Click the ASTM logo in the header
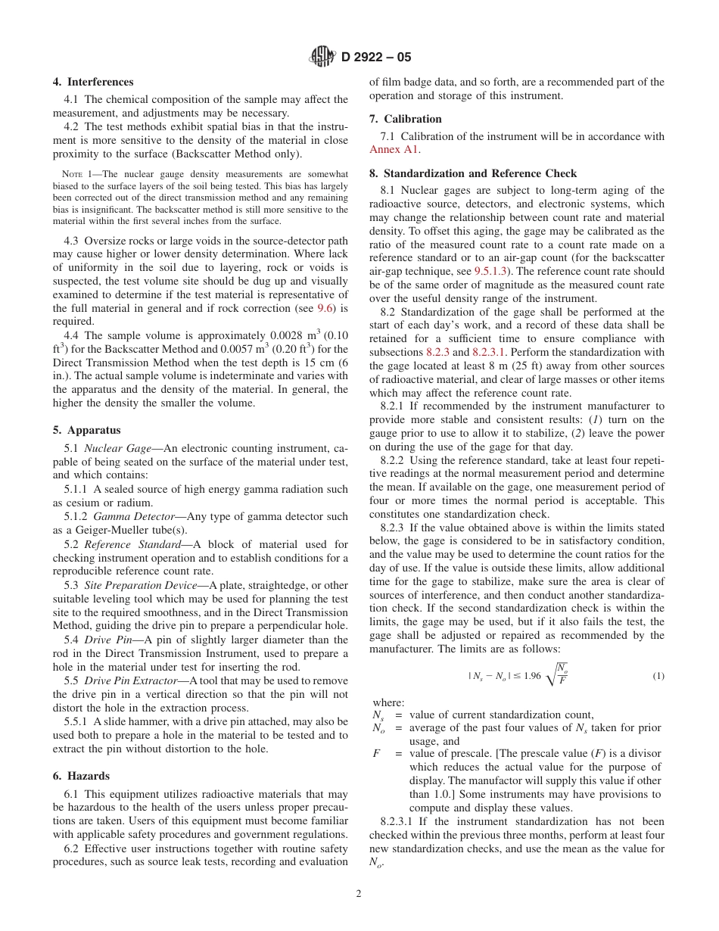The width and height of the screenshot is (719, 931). coord(322,57)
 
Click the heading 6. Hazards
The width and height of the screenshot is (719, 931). coord(81,776)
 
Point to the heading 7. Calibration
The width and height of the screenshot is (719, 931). coord(405,119)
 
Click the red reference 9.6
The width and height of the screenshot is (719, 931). coord(325,308)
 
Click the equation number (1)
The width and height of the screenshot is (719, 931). coord(658,676)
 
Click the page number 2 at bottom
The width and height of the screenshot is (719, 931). coord(359,893)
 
